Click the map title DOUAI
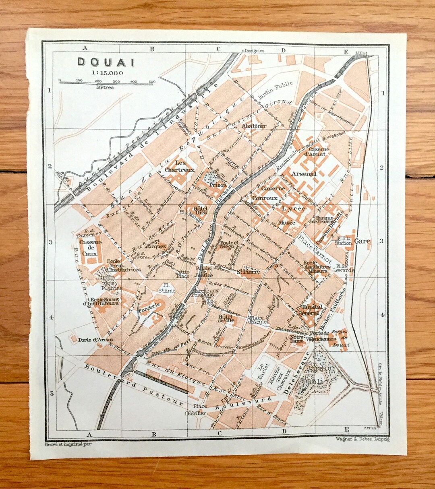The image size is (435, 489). point(106,62)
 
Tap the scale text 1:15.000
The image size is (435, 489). point(107,73)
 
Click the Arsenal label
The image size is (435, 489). point(304,174)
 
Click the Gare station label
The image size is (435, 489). point(362,241)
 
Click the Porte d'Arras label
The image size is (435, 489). point(95,339)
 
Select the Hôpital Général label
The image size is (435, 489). point(309,309)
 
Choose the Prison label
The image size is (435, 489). point(218,186)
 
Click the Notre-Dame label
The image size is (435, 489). point(296,338)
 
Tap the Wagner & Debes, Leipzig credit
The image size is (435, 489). point(362,440)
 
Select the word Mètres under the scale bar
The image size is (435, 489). point(105,87)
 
